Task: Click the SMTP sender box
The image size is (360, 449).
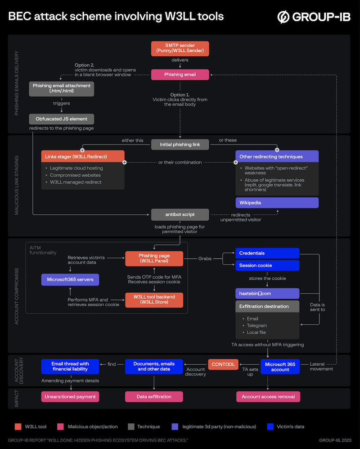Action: (x=180, y=48)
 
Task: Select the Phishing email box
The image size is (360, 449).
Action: (x=180, y=75)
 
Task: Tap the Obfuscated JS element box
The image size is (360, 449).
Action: (x=62, y=119)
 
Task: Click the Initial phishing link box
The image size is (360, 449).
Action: (x=180, y=145)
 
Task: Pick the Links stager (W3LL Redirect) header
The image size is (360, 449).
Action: (x=83, y=156)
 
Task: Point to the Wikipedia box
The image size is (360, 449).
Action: (x=277, y=203)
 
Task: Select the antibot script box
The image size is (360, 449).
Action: (x=180, y=214)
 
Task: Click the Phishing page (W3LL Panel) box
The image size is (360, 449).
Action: (x=154, y=259)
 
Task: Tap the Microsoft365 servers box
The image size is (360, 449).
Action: (x=70, y=280)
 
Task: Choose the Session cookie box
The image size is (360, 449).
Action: (x=267, y=265)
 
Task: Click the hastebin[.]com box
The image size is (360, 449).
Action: (x=267, y=294)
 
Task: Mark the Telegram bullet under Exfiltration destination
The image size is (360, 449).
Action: (x=257, y=325)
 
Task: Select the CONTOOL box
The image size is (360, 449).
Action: (x=223, y=364)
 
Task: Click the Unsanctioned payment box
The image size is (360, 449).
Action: (x=70, y=396)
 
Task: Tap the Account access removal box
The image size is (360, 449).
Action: (x=268, y=396)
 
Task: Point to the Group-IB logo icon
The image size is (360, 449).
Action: (x=283, y=18)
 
